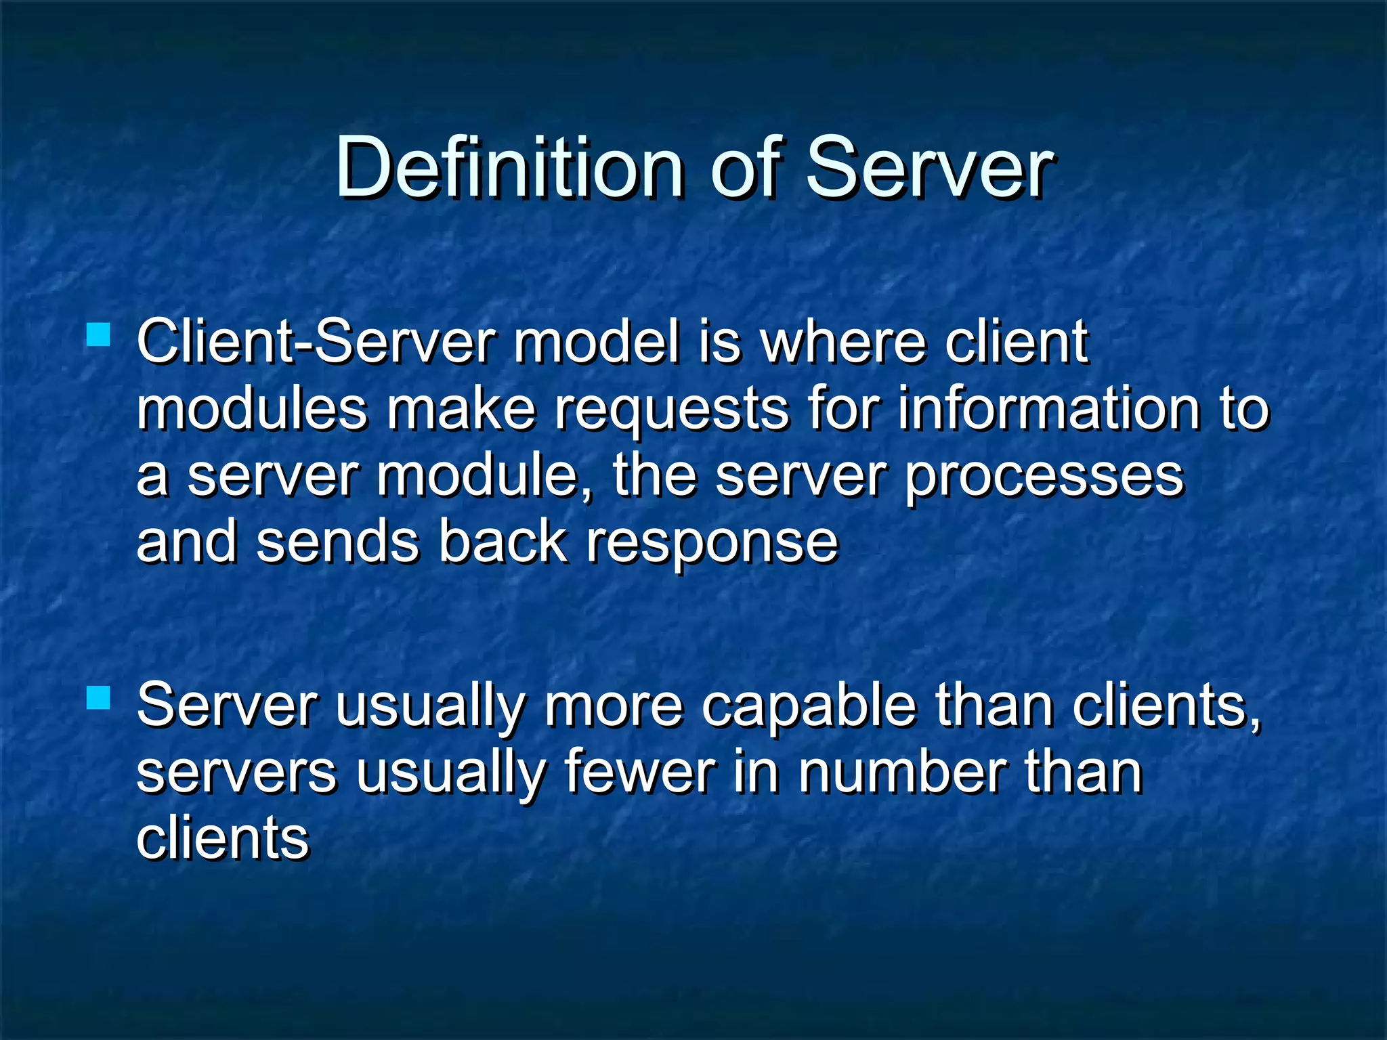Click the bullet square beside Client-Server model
(99, 334)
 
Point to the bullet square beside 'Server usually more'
(99, 697)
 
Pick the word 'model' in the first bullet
(596, 342)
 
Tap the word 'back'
(503, 542)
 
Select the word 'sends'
(338, 542)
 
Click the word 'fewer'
(639, 773)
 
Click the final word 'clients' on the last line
(223, 838)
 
